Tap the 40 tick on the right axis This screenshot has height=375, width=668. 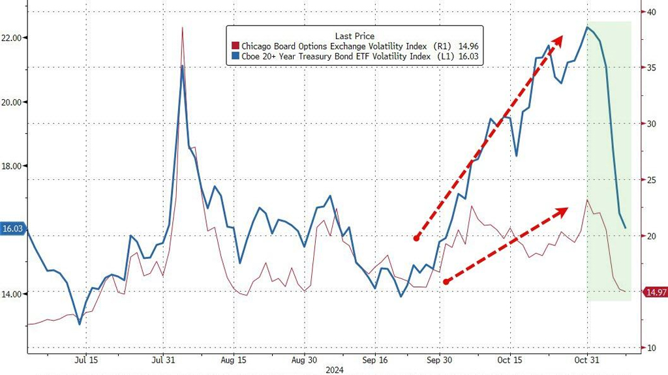(651, 12)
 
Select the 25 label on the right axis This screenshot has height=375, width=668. (651, 179)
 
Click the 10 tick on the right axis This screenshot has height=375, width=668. (651, 348)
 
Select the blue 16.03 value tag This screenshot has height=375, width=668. (12, 229)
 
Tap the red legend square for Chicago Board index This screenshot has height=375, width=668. (235, 46)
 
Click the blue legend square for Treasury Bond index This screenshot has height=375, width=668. (235, 57)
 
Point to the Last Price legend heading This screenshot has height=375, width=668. (354, 36)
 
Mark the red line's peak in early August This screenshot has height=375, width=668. (182, 27)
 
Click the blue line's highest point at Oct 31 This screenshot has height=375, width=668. (587, 27)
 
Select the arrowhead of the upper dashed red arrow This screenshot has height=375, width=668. (559, 39)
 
